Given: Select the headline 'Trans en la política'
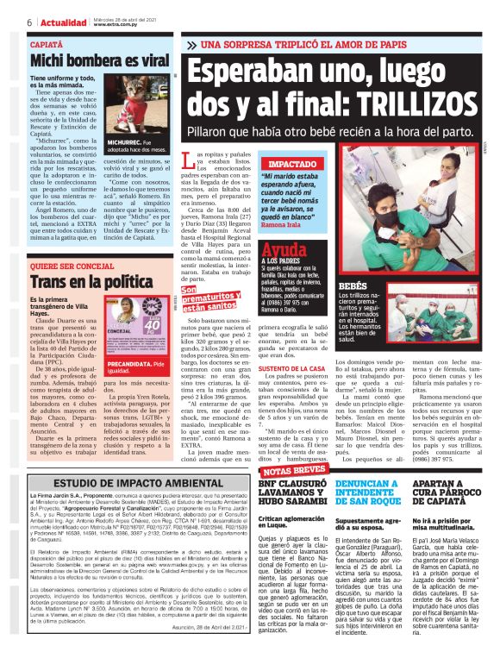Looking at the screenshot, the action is (81, 282).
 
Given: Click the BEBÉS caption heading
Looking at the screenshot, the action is (353, 285).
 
